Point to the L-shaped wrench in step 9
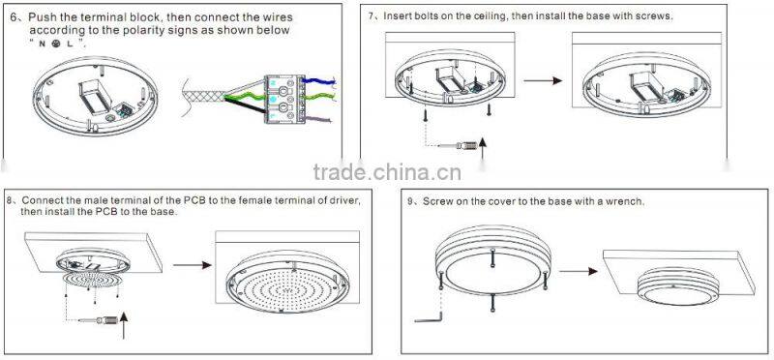425,314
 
